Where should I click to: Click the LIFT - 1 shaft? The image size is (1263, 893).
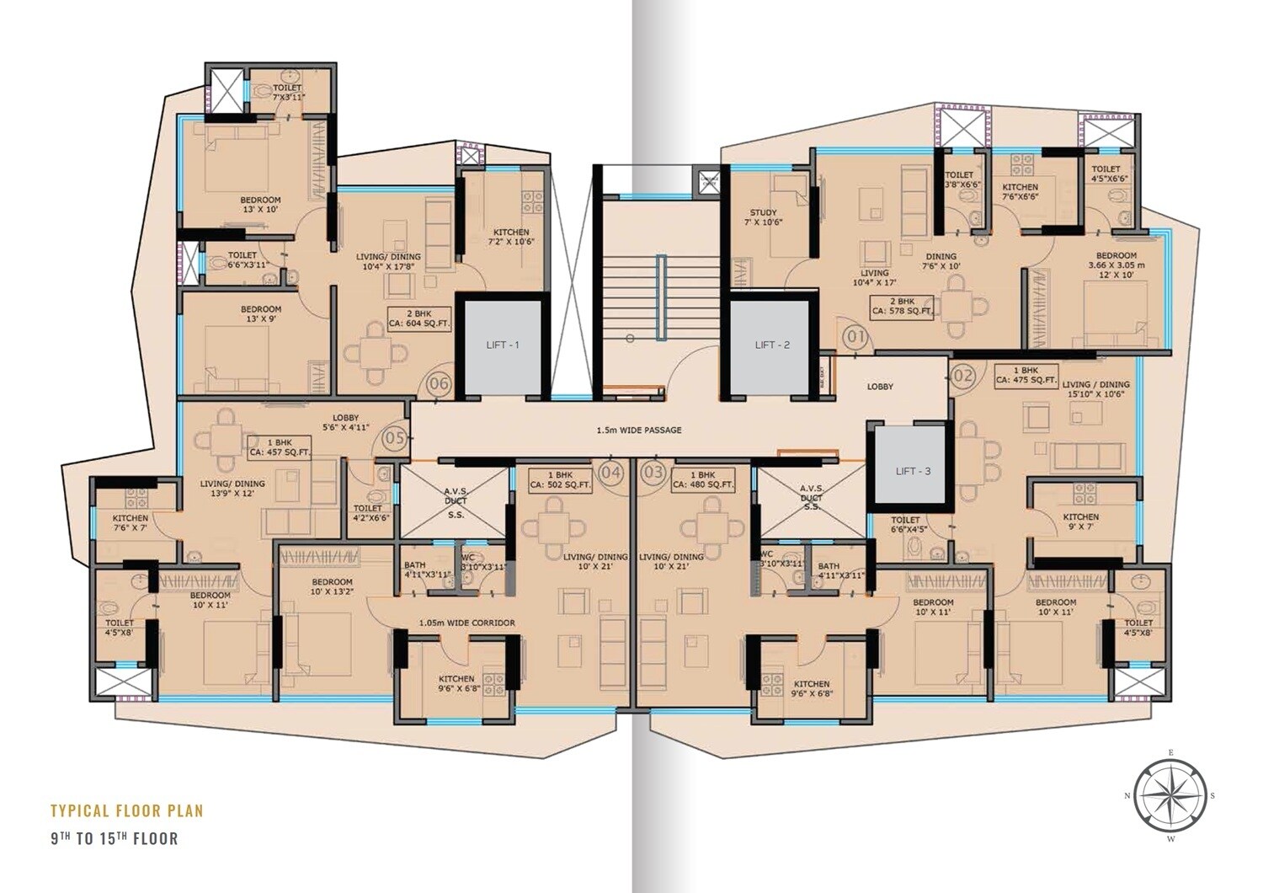(x=502, y=345)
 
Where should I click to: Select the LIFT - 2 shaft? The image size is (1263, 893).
(x=772, y=345)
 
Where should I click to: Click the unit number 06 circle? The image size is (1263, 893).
(x=440, y=384)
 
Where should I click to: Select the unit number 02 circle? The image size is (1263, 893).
(x=963, y=375)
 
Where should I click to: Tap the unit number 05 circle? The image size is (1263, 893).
(x=395, y=438)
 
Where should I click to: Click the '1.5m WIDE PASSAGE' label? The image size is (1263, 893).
(x=638, y=430)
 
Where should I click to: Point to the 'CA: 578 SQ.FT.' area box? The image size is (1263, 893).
(x=903, y=306)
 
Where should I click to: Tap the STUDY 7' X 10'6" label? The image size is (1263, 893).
(x=765, y=217)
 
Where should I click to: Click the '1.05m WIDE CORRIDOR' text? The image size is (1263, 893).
(x=466, y=623)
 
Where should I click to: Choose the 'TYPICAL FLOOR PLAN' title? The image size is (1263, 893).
(x=127, y=811)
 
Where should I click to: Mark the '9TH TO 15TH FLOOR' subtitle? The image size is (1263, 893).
(x=114, y=838)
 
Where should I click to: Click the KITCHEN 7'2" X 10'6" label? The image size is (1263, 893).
(x=511, y=237)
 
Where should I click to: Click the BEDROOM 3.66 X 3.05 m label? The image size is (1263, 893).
(x=1116, y=265)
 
